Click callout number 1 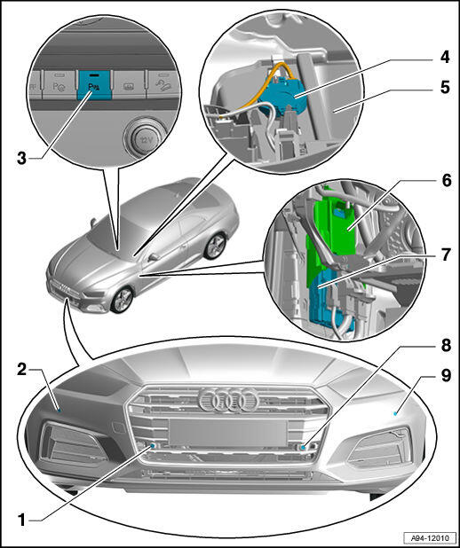21,520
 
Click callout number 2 21,370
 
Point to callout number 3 21,159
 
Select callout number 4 445,57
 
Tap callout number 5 445,87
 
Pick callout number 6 446,181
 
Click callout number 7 445,254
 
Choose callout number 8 445,345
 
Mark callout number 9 445,376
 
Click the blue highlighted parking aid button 95,85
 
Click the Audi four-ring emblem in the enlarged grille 228,400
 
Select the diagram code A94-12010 430,537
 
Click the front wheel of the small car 123,300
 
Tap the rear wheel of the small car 215,246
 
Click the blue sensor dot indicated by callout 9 395,413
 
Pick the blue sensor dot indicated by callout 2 59,410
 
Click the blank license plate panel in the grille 227,433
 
